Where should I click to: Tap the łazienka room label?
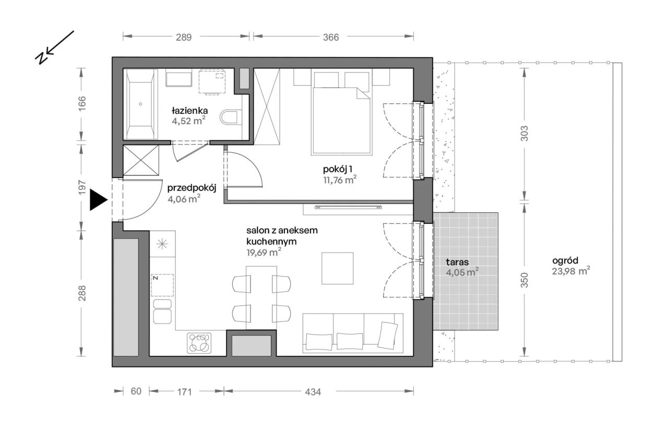(189, 111)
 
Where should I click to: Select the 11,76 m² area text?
(340, 180)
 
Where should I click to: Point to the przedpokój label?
(192, 188)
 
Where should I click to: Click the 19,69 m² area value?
(264, 253)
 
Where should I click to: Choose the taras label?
(457, 262)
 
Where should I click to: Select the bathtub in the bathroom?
(140, 104)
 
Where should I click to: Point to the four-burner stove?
(199, 343)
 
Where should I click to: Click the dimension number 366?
(331, 37)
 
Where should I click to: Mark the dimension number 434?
(313, 391)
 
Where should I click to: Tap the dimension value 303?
(524, 133)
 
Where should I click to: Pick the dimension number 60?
(136, 391)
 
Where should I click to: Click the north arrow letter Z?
(41, 58)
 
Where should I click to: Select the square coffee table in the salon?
(337, 268)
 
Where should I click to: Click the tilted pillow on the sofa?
(388, 335)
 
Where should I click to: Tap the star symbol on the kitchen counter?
(162, 244)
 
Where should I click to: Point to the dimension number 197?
(82, 187)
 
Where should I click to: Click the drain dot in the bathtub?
(140, 104)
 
